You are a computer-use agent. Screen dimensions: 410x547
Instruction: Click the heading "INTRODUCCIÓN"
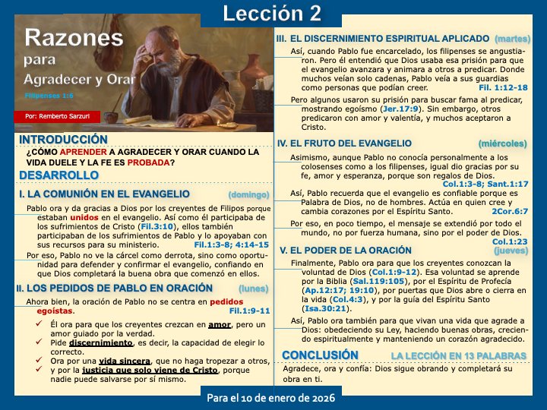coord(63,140)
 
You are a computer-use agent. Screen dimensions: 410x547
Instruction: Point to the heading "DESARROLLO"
coord(58,175)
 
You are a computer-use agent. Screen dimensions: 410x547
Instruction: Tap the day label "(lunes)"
coord(253,289)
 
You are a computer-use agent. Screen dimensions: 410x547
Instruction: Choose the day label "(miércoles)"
coord(502,143)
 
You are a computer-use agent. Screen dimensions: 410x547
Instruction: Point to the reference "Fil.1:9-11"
coord(249,311)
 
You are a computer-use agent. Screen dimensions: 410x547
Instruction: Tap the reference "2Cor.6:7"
coord(510,213)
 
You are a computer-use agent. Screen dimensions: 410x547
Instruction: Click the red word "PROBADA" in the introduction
coord(148,161)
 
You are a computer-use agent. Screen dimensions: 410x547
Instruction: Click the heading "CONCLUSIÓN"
coord(319,355)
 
